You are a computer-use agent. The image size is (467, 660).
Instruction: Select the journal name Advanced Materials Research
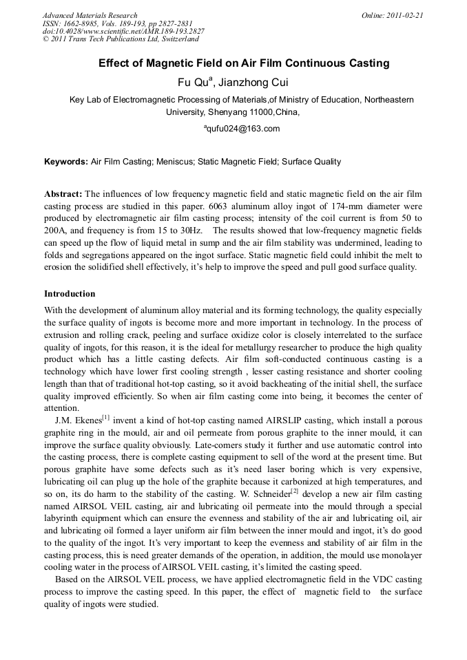[x=90, y=15]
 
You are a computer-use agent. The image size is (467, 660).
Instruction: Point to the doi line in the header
[x=123, y=32]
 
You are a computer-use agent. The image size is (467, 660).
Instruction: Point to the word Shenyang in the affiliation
[x=227, y=111]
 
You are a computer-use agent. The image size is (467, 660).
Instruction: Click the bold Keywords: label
[x=65, y=162]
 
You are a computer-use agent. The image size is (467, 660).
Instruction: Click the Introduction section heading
[x=70, y=294]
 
